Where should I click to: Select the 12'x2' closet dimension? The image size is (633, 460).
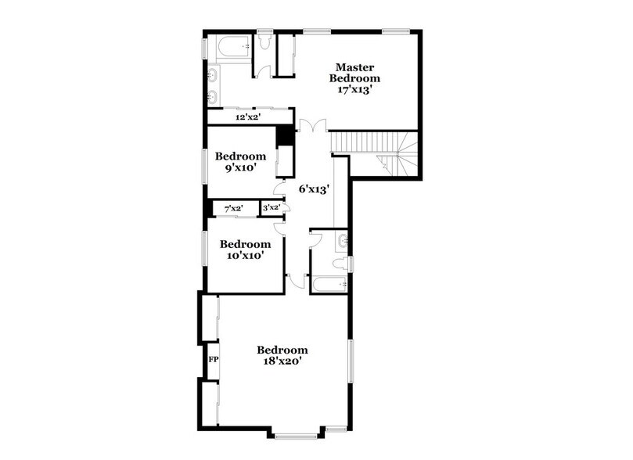click(247, 117)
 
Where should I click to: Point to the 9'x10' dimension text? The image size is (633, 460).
click(241, 167)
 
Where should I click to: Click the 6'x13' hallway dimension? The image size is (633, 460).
click(313, 189)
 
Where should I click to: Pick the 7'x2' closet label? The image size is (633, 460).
click(233, 208)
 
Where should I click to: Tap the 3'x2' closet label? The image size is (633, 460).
click(271, 208)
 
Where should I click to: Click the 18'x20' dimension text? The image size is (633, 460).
click(282, 361)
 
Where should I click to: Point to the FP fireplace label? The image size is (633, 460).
click(212, 360)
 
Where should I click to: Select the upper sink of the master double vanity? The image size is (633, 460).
click(213, 76)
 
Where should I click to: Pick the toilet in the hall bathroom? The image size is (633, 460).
click(340, 264)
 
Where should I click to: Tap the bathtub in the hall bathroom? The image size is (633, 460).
click(329, 283)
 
